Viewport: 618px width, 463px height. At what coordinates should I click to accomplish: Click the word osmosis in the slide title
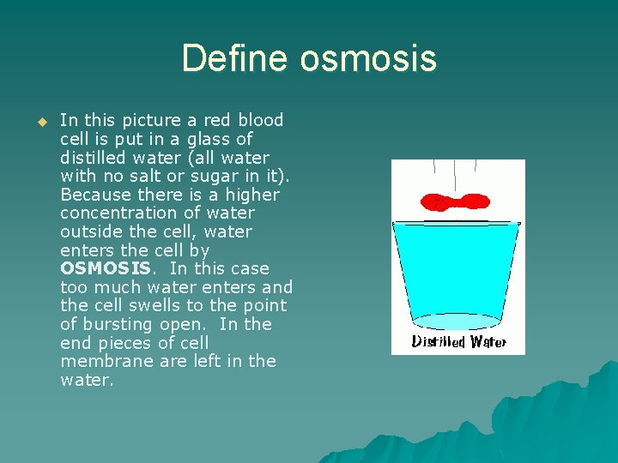(x=368, y=59)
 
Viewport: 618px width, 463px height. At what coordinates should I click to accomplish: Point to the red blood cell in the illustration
(x=455, y=202)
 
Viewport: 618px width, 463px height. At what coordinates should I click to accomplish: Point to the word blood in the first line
(x=260, y=120)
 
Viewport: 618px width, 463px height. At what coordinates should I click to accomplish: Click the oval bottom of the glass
(x=456, y=321)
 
